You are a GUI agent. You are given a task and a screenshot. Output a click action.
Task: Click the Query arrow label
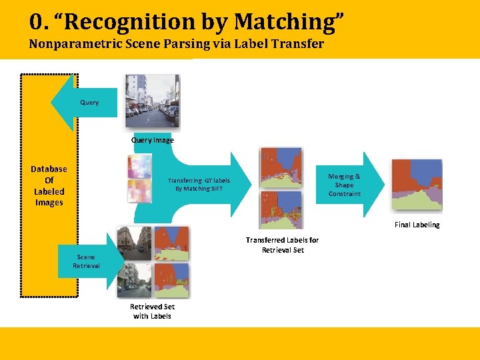[x=89, y=103]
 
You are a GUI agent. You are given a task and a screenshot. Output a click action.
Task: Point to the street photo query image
[x=152, y=101]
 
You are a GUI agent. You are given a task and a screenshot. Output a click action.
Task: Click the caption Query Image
[x=153, y=140]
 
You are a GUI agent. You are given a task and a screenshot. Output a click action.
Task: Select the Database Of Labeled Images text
[x=49, y=186]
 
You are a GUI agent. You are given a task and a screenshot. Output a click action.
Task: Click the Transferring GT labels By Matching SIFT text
[x=199, y=185]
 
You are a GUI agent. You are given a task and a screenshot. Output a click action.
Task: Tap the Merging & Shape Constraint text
[x=344, y=185]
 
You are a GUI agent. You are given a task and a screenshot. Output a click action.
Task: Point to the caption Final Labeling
[x=417, y=225]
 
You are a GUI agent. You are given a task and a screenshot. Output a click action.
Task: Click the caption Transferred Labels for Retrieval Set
[x=282, y=245]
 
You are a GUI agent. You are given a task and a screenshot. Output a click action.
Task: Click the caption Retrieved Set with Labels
[x=152, y=311]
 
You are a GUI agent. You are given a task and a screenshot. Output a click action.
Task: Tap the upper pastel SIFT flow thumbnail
[x=140, y=167]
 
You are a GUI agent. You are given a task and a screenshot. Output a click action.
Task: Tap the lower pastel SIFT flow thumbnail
[x=140, y=191]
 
